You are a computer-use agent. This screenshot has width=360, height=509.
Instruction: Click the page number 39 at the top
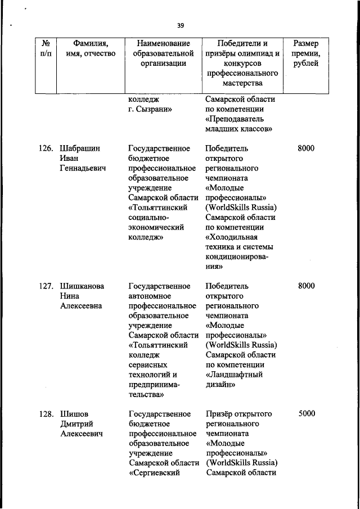180,25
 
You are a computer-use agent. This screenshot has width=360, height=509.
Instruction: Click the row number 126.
45,148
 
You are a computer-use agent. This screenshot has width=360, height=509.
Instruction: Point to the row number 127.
45,286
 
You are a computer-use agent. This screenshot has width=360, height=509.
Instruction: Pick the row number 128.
45,413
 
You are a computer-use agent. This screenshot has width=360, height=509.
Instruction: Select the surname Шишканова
82,286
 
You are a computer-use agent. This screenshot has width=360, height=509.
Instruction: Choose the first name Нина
70,296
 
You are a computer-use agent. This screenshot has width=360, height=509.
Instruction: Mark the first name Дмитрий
77,424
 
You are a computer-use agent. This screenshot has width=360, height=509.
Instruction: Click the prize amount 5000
307,413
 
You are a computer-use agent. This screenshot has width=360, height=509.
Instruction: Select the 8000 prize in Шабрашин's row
307,148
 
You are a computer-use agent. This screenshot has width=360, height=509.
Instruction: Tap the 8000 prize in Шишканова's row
307,286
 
